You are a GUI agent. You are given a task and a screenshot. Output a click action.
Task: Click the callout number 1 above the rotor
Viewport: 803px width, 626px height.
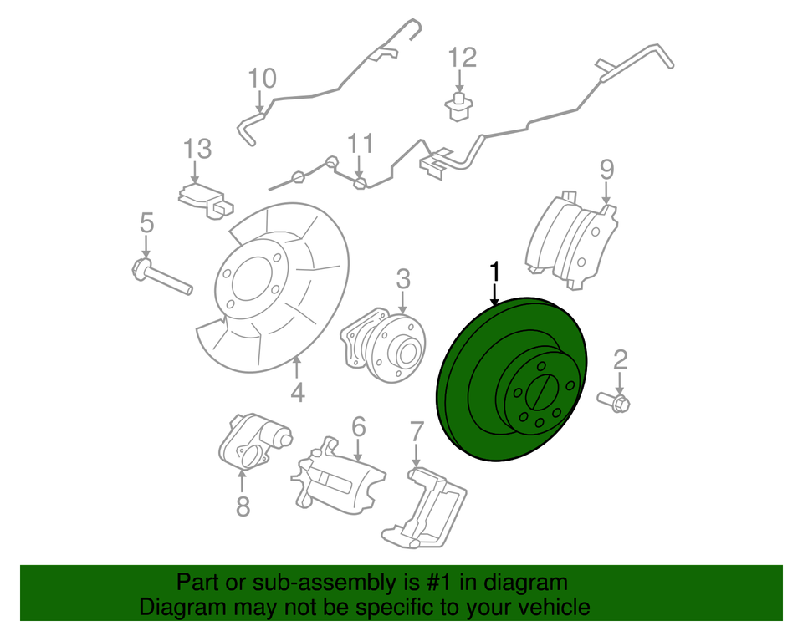point(495,272)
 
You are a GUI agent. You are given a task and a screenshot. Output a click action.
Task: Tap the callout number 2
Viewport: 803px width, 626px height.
point(620,360)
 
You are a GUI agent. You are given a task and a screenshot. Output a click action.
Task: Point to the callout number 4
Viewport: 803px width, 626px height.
point(298,391)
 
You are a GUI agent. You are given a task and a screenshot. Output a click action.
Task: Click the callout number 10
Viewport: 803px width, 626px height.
point(262,79)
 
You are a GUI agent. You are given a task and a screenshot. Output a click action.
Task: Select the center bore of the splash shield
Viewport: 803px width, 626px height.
point(248,280)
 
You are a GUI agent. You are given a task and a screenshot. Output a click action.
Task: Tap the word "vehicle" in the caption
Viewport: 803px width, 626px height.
point(548,607)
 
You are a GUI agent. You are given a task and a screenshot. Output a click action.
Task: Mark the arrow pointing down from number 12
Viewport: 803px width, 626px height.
point(459,83)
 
